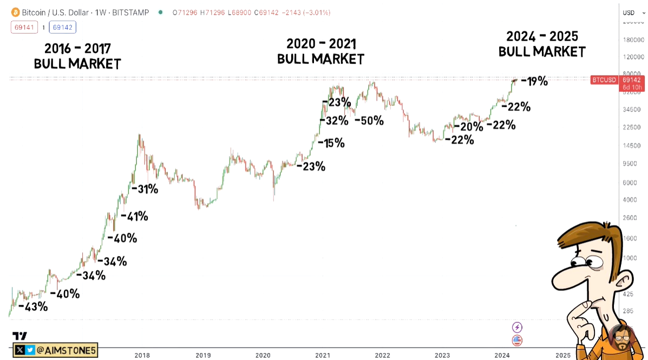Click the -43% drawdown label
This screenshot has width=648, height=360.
[x=33, y=306]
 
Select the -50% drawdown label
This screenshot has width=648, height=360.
[x=369, y=121]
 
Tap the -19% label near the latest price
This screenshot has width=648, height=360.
[x=534, y=82]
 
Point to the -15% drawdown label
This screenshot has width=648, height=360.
[x=331, y=143]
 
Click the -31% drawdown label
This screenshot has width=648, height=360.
[x=145, y=189]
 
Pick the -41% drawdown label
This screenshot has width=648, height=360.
[x=134, y=216]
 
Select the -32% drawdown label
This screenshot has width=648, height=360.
[x=335, y=121]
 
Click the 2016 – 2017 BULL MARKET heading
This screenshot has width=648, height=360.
[x=77, y=56]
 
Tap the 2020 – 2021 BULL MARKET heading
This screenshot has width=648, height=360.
[x=320, y=51]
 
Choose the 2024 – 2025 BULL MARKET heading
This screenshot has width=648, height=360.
[x=542, y=44]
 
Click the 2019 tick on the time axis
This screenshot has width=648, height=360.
[x=203, y=355]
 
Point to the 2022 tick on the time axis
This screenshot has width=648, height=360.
[x=383, y=355]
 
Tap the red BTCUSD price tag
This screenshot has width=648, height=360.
[x=603, y=80]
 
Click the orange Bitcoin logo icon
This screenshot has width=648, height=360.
[x=15, y=12]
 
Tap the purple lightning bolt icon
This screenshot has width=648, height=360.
[x=517, y=327]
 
